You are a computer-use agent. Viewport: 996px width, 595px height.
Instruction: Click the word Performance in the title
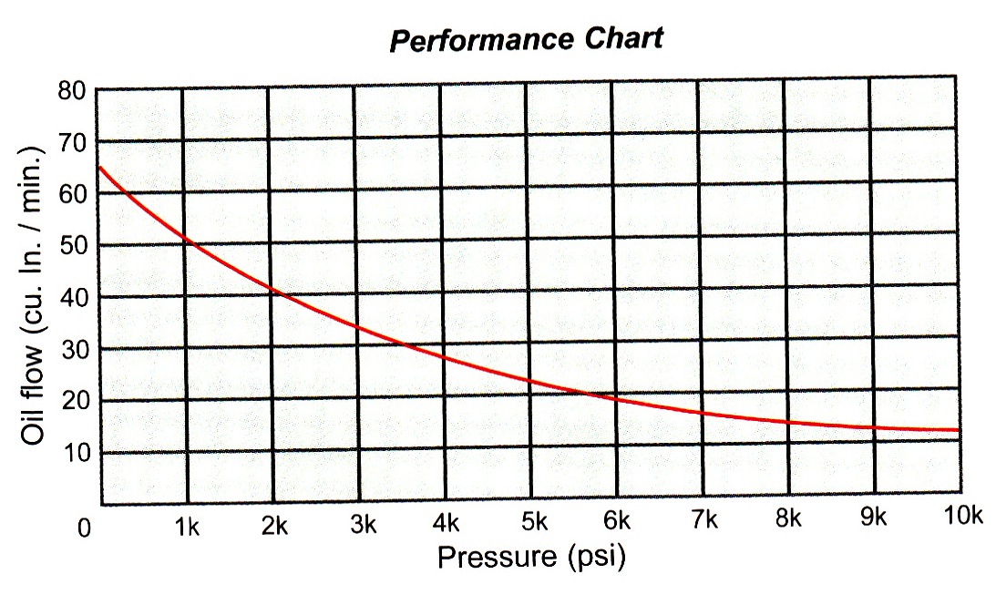481,39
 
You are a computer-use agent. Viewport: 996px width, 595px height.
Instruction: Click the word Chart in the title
624,37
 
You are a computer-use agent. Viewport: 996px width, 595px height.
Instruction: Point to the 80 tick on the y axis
71,91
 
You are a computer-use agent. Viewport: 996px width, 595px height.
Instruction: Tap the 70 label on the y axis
72,144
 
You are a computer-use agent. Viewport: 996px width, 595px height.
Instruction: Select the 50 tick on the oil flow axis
72,245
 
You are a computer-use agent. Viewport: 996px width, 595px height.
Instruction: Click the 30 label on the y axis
75,349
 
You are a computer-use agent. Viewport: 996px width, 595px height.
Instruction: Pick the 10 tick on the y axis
76,453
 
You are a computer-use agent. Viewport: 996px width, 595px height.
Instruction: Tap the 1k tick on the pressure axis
186,527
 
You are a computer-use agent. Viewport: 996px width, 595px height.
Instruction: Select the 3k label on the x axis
364,525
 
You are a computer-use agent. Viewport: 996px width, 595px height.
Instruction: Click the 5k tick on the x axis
535,521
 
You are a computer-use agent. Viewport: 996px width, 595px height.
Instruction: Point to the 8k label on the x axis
788,518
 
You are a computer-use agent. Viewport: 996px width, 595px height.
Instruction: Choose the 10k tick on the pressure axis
962,516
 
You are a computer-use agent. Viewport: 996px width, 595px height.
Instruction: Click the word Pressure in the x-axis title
497,557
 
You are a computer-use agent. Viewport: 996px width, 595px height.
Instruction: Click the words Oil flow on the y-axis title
31,395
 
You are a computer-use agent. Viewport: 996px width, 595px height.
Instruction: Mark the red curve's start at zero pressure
99,167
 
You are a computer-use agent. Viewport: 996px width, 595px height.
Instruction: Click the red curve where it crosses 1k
185,240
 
